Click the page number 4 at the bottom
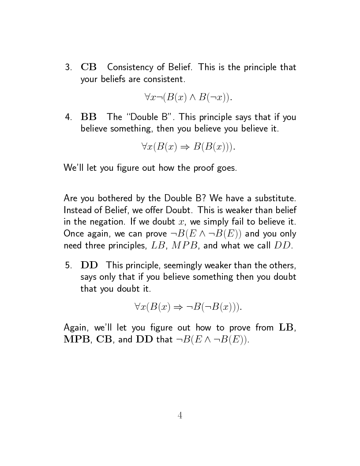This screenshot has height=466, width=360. point(180,415)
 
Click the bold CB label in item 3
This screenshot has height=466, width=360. point(89,68)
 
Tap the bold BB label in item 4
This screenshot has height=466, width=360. point(89,117)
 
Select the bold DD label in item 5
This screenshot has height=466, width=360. point(89,265)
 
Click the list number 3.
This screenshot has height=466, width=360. point(68,68)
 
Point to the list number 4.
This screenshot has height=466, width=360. point(68,117)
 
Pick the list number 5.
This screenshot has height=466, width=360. point(68,265)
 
